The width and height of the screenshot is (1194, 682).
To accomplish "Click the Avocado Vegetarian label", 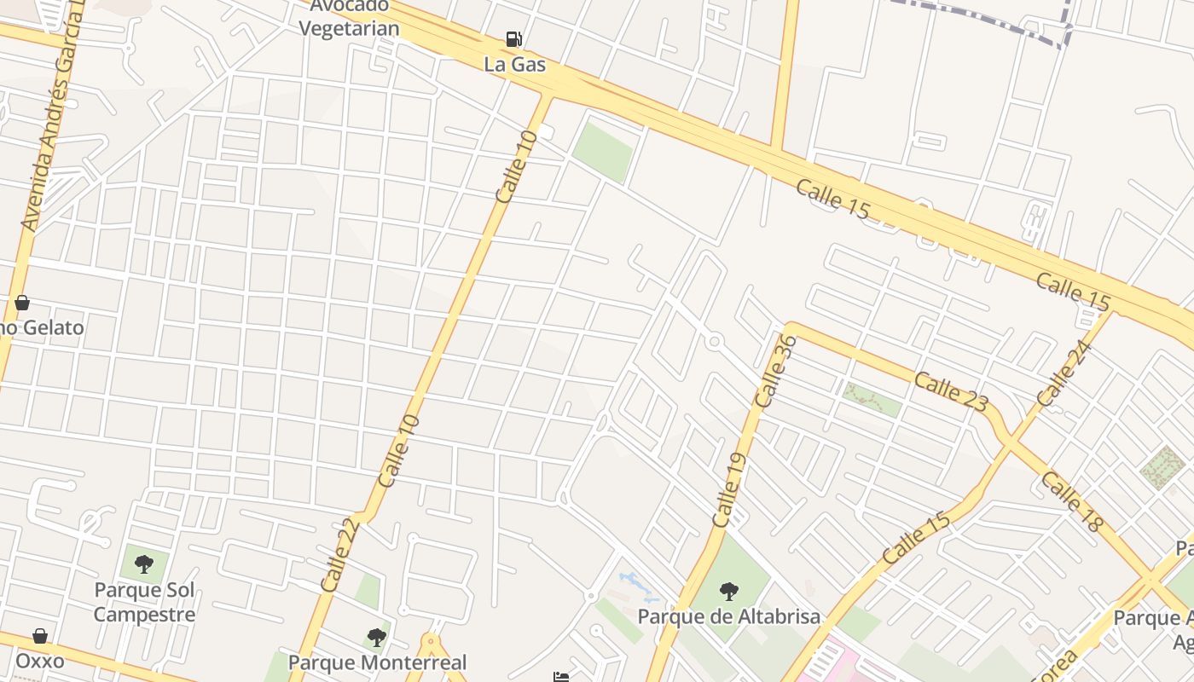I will coord(349,17).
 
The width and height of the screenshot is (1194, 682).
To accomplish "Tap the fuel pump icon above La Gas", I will coord(513,39).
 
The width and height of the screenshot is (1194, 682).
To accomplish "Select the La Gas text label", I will coord(514,64).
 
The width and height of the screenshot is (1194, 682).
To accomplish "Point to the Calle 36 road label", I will coord(776,371).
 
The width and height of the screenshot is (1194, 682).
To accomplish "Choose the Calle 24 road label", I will coord(1064,373).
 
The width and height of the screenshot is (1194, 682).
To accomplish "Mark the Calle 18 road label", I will coord(1071,501).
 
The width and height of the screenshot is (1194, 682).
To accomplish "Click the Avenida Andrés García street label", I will coord(54,128).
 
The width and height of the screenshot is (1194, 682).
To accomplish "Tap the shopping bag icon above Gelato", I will coord(22,303).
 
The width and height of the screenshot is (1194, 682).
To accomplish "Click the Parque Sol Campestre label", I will coord(144,602).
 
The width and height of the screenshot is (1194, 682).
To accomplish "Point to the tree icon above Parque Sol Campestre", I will coord(144,564).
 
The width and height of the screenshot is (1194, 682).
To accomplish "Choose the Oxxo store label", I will coord(40,661).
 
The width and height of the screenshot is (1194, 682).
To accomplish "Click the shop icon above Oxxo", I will coord(40,636).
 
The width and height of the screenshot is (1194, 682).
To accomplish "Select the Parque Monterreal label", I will coord(377,662).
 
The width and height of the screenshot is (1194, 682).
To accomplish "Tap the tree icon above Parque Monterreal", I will coord(376,637).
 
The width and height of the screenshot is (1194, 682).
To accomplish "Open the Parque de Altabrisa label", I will coord(729,616).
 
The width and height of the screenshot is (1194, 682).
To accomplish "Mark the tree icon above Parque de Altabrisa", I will coord(728,591).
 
